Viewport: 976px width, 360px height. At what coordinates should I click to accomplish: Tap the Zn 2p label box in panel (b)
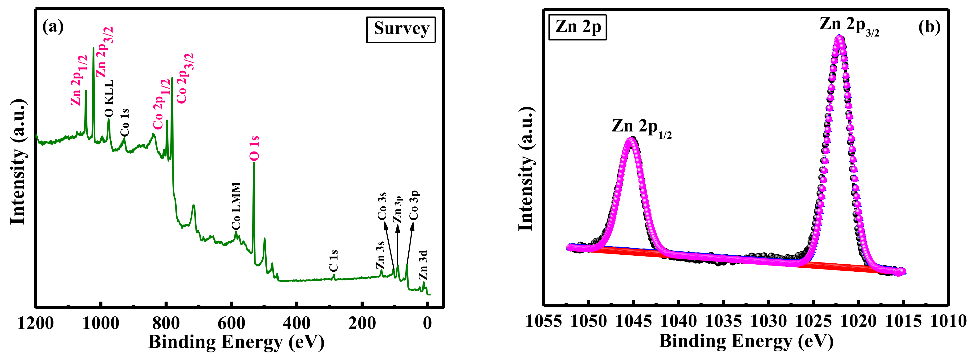pyautogui.click(x=577, y=27)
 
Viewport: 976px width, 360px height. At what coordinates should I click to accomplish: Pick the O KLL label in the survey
pyautogui.click(x=109, y=98)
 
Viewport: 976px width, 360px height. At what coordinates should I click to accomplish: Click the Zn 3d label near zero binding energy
pyautogui.click(x=423, y=265)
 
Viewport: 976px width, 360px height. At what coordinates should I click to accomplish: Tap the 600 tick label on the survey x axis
pyautogui.click(x=231, y=324)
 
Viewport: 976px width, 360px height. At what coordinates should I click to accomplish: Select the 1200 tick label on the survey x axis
pyautogui.click(x=36, y=324)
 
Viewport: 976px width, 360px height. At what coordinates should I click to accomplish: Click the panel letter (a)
pyautogui.click(x=53, y=27)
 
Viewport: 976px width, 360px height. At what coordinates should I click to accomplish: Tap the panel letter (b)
pyautogui.click(x=929, y=27)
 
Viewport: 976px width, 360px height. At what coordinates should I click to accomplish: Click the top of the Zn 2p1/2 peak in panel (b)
pyautogui.click(x=631, y=139)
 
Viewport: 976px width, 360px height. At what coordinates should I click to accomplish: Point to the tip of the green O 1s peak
pyautogui.click(x=254, y=163)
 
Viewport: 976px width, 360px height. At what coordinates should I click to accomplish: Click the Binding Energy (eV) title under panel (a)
pyautogui.click(x=236, y=342)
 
